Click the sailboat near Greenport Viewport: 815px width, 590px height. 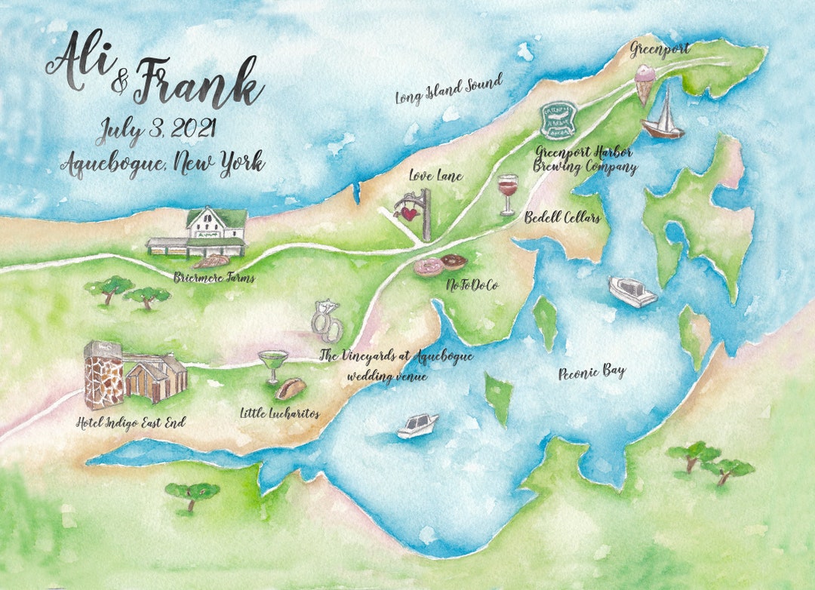[x=663, y=117]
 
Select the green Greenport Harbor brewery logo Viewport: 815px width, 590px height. [x=558, y=121]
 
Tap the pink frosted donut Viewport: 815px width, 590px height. [x=428, y=267]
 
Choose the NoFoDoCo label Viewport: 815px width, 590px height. [x=473, y=284]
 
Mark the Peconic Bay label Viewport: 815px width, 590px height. [x=592, y=372]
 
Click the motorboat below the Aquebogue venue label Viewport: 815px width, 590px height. [x=417, y=425]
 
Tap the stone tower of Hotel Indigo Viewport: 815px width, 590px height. [x=103, y=376]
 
